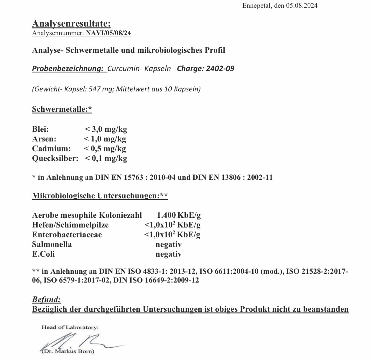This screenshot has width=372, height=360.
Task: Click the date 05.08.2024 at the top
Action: (302, 6)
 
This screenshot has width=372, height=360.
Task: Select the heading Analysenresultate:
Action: (71, 24)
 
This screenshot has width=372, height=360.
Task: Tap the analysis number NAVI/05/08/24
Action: (108, 33)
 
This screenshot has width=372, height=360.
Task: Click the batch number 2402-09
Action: (220, 69)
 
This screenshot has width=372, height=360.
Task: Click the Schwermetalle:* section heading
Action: (62, 109)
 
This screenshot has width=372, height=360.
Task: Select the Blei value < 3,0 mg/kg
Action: (106, 129)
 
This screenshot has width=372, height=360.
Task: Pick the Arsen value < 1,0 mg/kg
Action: (105, 139)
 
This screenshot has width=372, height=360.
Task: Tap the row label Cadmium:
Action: (51, 148)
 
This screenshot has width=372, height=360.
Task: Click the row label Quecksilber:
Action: (55, 158)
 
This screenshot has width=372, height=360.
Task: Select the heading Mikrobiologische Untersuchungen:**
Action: (100, 196)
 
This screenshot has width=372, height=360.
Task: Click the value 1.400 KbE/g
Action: (179, 215)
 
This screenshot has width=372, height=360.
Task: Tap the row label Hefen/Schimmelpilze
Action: (70, 225)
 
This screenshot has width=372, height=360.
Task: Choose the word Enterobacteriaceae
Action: (67, 235)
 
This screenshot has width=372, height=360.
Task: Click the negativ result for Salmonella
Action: (168, 244)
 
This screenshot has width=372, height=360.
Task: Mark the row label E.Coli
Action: (43, 254)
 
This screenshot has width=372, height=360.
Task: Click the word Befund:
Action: (46, 300)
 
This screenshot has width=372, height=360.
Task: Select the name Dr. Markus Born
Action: (68, 351)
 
